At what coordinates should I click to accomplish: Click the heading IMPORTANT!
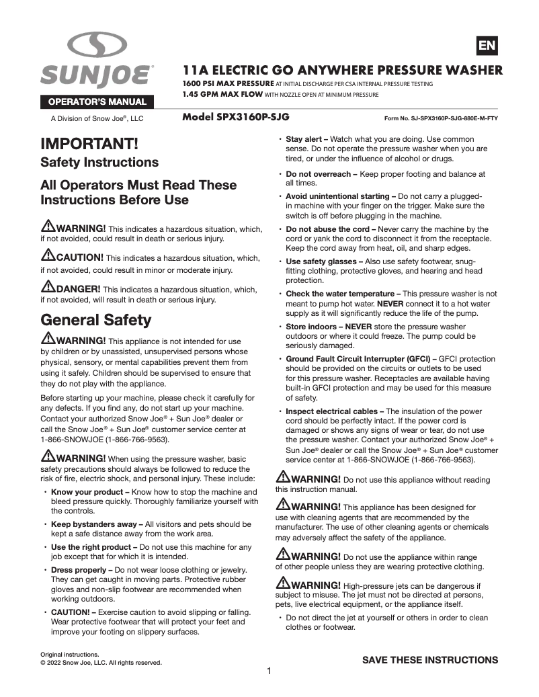click(x=89, y=144)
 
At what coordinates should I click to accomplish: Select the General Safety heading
click(x=96, y=319)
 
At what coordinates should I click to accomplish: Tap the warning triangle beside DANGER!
click(x=48, y=288)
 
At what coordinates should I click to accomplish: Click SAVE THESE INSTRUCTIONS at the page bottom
click(x=430, y=659)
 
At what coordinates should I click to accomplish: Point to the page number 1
click(x=269, y=671)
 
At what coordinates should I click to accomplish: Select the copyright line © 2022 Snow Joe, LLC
click(x=101, y=663)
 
